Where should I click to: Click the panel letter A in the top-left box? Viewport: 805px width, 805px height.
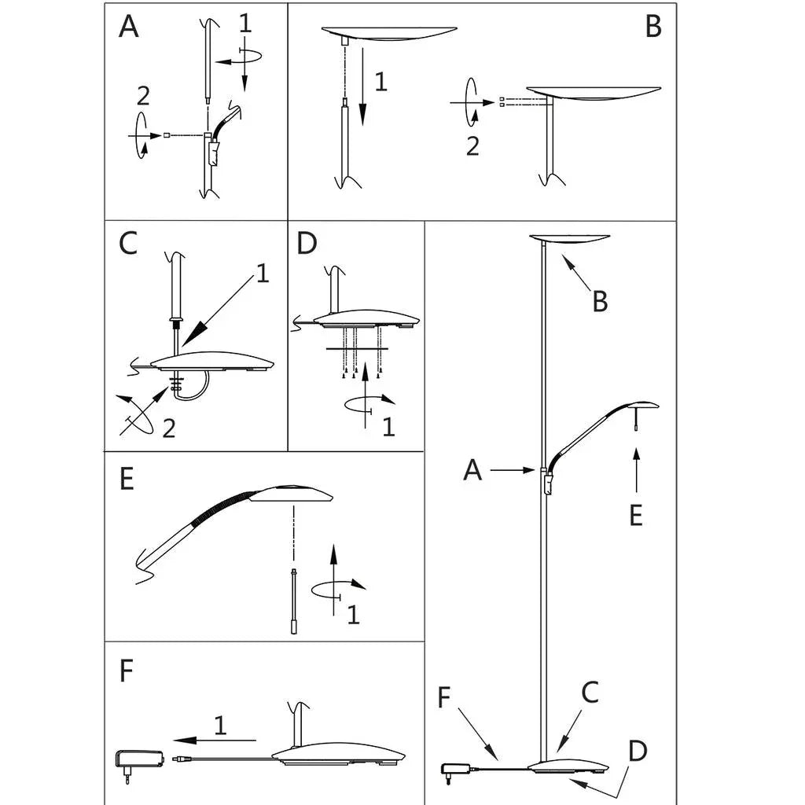[128, 27]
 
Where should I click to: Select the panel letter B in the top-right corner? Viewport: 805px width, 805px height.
[653, 27]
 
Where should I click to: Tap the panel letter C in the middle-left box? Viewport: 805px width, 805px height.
[128, 243]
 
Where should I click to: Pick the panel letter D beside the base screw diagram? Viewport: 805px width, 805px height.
[307, 243]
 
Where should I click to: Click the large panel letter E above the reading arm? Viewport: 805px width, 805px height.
[127, 479]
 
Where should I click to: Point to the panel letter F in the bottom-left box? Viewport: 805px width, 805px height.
[126, 670]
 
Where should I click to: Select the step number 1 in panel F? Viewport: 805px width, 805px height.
[220, 725]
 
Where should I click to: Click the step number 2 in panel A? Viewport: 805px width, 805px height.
[143, 96]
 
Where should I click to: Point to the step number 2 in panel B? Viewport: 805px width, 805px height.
[472, 145]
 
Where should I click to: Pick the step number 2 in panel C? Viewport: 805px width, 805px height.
[169, 428]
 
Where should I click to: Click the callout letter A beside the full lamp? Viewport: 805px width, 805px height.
[472, 470]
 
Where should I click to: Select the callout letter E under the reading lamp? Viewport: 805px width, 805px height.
[636, 515]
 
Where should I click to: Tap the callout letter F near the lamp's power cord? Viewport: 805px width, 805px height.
[444, 697]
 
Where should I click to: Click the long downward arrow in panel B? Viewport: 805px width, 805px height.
[363, 86]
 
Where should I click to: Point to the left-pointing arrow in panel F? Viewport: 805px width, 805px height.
[215, 740]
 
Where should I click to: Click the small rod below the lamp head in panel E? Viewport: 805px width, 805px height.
[294, 601]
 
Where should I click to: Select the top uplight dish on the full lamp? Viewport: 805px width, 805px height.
[569, 239]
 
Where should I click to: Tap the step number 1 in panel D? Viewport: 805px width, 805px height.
[388, 427]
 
